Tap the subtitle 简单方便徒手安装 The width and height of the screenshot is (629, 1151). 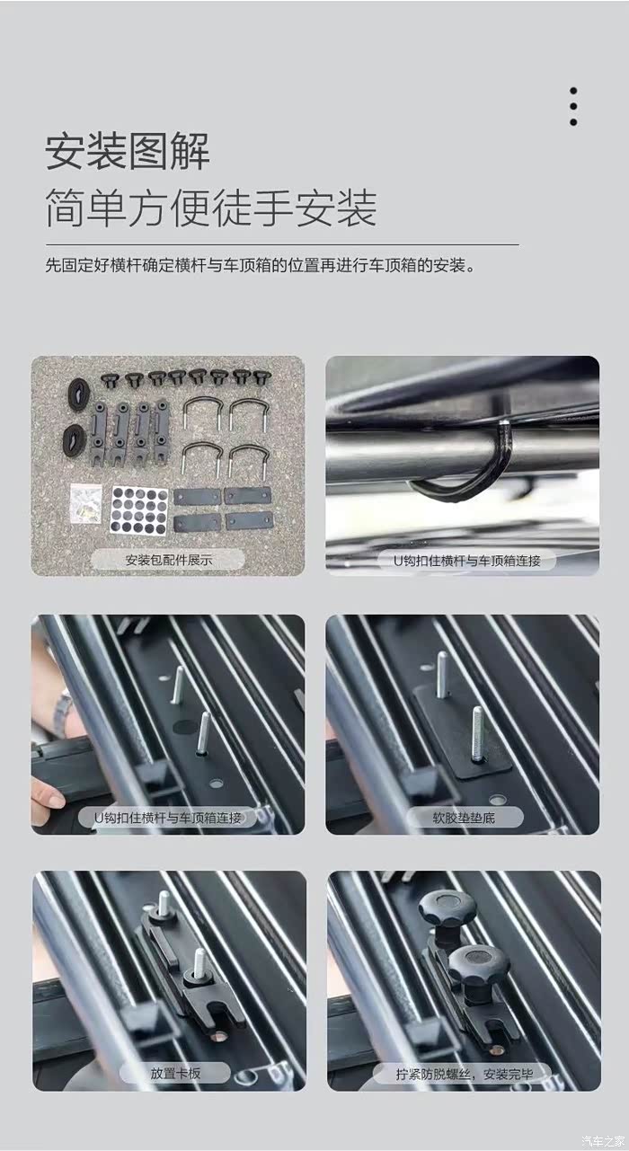[x=210, y=208]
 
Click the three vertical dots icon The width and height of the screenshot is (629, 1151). [x=573, y=106]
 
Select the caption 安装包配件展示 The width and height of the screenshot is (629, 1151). [x=169, y=560]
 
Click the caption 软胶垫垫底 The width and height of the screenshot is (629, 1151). [x=464, y=818]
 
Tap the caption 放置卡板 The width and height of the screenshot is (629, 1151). [x=175, y=1074]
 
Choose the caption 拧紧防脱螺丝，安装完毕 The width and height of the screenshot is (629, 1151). [x=464, y=1074]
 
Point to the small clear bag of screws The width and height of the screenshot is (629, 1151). [x=86, y=503]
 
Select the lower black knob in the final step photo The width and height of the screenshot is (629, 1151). [x=478, y=964]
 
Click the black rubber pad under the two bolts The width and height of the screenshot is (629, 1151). [x=462, y=734]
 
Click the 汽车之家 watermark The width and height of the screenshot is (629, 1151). [x=603, y=1142]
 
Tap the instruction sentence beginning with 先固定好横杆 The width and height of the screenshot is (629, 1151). [x=260, y=266]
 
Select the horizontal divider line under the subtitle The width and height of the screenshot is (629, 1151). [x=282, y=245]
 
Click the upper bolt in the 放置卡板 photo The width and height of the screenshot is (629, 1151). [x=164, y=904]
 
